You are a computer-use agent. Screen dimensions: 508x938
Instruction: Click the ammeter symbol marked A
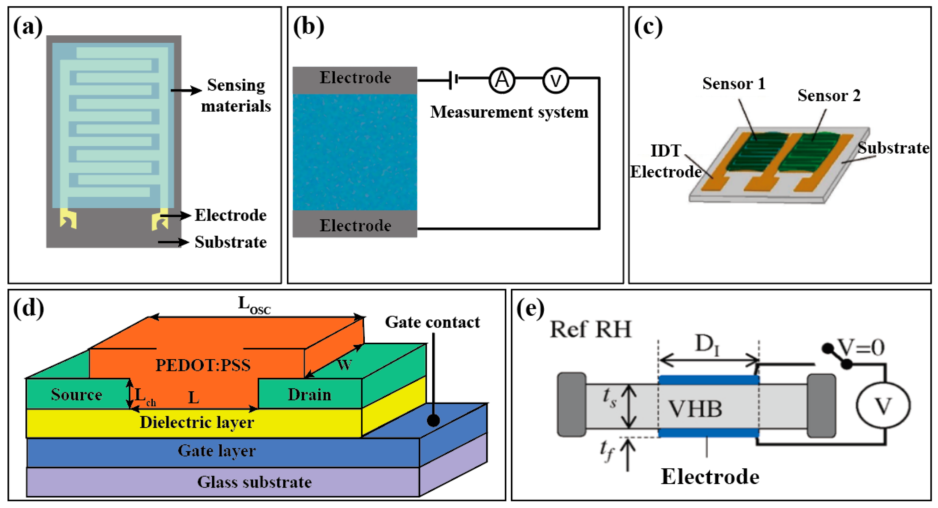pos(502,80)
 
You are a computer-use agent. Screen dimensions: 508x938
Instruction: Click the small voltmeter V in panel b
pos(555,80)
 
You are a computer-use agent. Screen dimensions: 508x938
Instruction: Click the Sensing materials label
pos(236,96)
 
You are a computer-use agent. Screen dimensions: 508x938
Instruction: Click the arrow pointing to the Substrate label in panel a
pos(173,242)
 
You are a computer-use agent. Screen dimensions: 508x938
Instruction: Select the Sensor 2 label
pos(829,96)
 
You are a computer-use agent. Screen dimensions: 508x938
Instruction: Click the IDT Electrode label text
pos(666,161)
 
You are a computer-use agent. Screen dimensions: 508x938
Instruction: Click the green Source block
pos(77,394)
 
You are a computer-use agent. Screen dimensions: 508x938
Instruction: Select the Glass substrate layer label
pos(254,482)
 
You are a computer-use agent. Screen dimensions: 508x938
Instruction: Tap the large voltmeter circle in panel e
pos(883,405)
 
